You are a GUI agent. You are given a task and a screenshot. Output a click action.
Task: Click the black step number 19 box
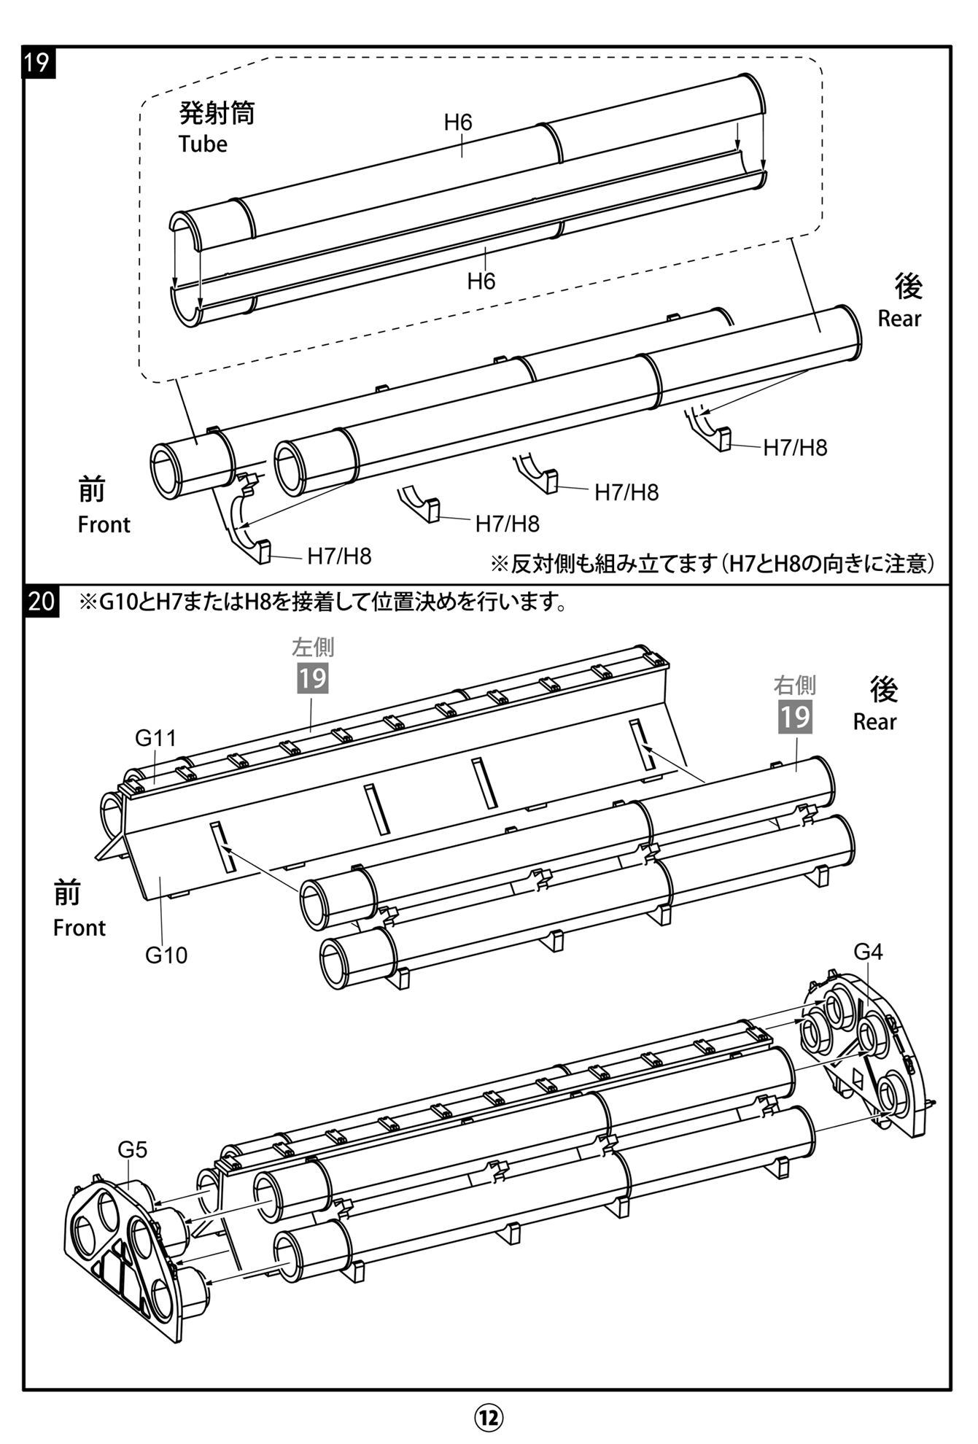tap(37, 61)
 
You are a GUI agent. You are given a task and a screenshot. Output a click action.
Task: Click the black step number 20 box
tap(41, 601)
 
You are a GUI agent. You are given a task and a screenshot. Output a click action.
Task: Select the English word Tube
tap(203, 144)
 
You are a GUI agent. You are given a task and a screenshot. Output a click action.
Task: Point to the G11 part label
tap(155, 738)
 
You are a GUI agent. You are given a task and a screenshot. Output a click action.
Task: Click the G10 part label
tap(166, 955)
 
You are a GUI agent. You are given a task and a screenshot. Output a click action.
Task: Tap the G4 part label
tap(868, 951)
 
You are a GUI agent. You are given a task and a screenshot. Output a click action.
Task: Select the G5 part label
tap(132, 1149)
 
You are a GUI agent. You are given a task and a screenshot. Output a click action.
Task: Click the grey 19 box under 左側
tap(312, 678)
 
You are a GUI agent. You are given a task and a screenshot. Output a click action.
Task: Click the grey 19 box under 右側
tap(795, 716)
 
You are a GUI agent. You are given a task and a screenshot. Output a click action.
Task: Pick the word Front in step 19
tap(104, 524)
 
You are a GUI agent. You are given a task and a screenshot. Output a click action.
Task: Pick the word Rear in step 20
tap(874, 721)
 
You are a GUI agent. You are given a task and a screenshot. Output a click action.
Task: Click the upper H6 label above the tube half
tap(458, 122)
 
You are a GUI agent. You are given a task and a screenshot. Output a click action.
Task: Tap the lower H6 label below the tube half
tap(481, 281)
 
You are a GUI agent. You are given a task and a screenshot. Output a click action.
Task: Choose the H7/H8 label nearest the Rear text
tap(795, 447)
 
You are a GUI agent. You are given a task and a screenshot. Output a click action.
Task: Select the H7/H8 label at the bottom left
tap(339, 556)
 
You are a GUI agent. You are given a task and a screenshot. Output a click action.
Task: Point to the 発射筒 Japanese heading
tap(217, 113)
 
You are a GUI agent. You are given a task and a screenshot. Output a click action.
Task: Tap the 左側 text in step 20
tap(313, 647)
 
